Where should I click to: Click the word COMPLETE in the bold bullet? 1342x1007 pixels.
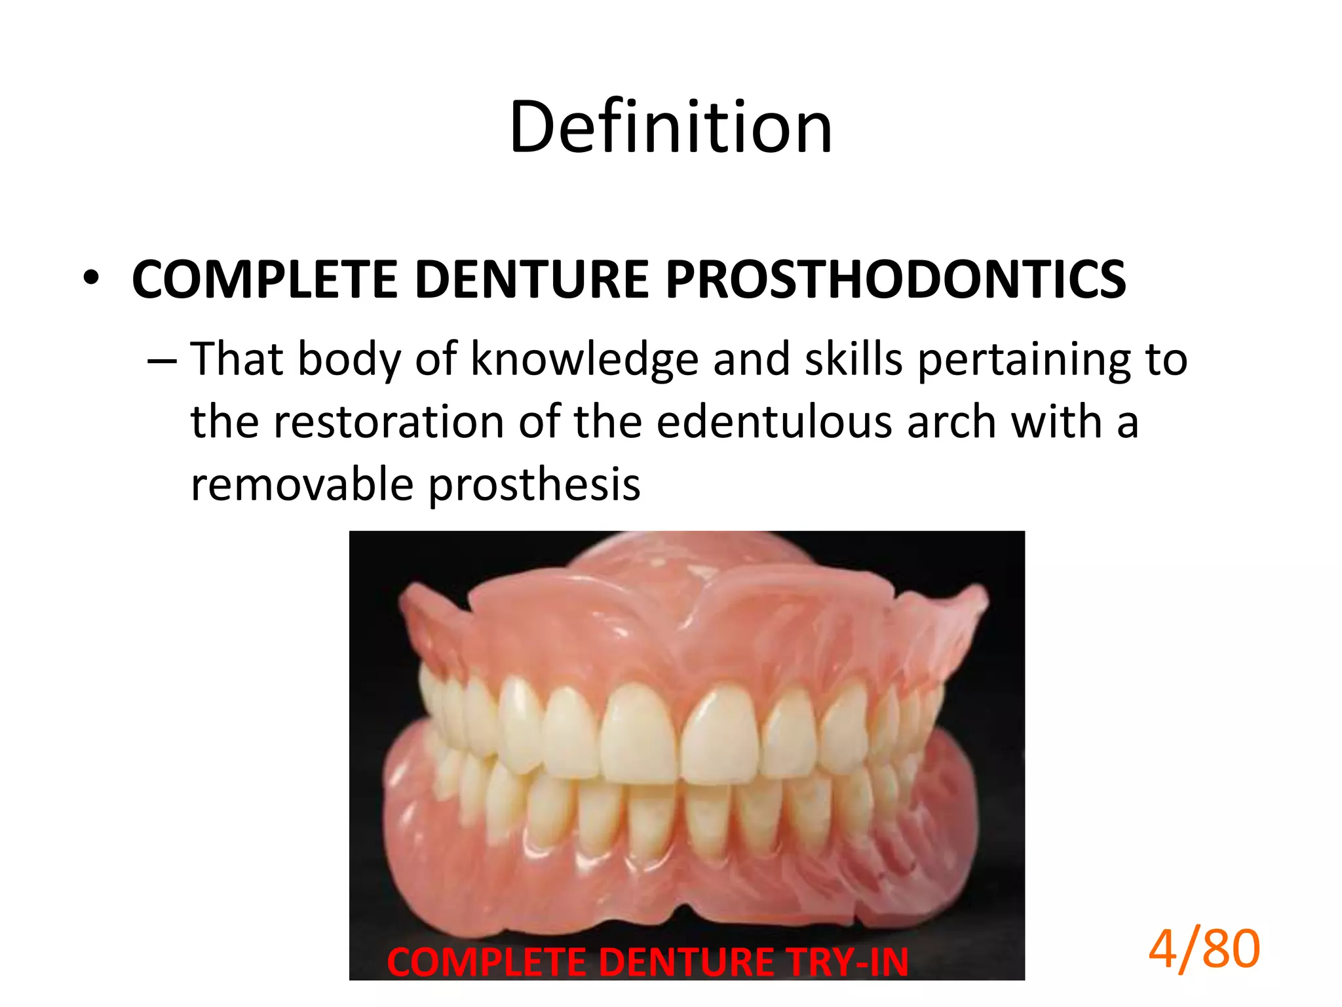[x=264, y=280]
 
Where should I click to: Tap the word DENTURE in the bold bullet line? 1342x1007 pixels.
[x=531, y=280]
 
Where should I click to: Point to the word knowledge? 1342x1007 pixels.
[x=585, y=360]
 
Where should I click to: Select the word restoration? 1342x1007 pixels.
[x=388, y=422]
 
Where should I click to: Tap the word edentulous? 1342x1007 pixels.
[x=774, y=422]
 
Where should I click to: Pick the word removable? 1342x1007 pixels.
[x=302, y=484]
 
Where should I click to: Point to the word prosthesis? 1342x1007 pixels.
[x=534, y=486]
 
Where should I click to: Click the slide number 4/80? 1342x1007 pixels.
[x=1204, y=949]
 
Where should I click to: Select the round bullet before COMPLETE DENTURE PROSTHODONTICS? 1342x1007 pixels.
[x=91, y=279]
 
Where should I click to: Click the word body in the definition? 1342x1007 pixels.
[x=349, y=360]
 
